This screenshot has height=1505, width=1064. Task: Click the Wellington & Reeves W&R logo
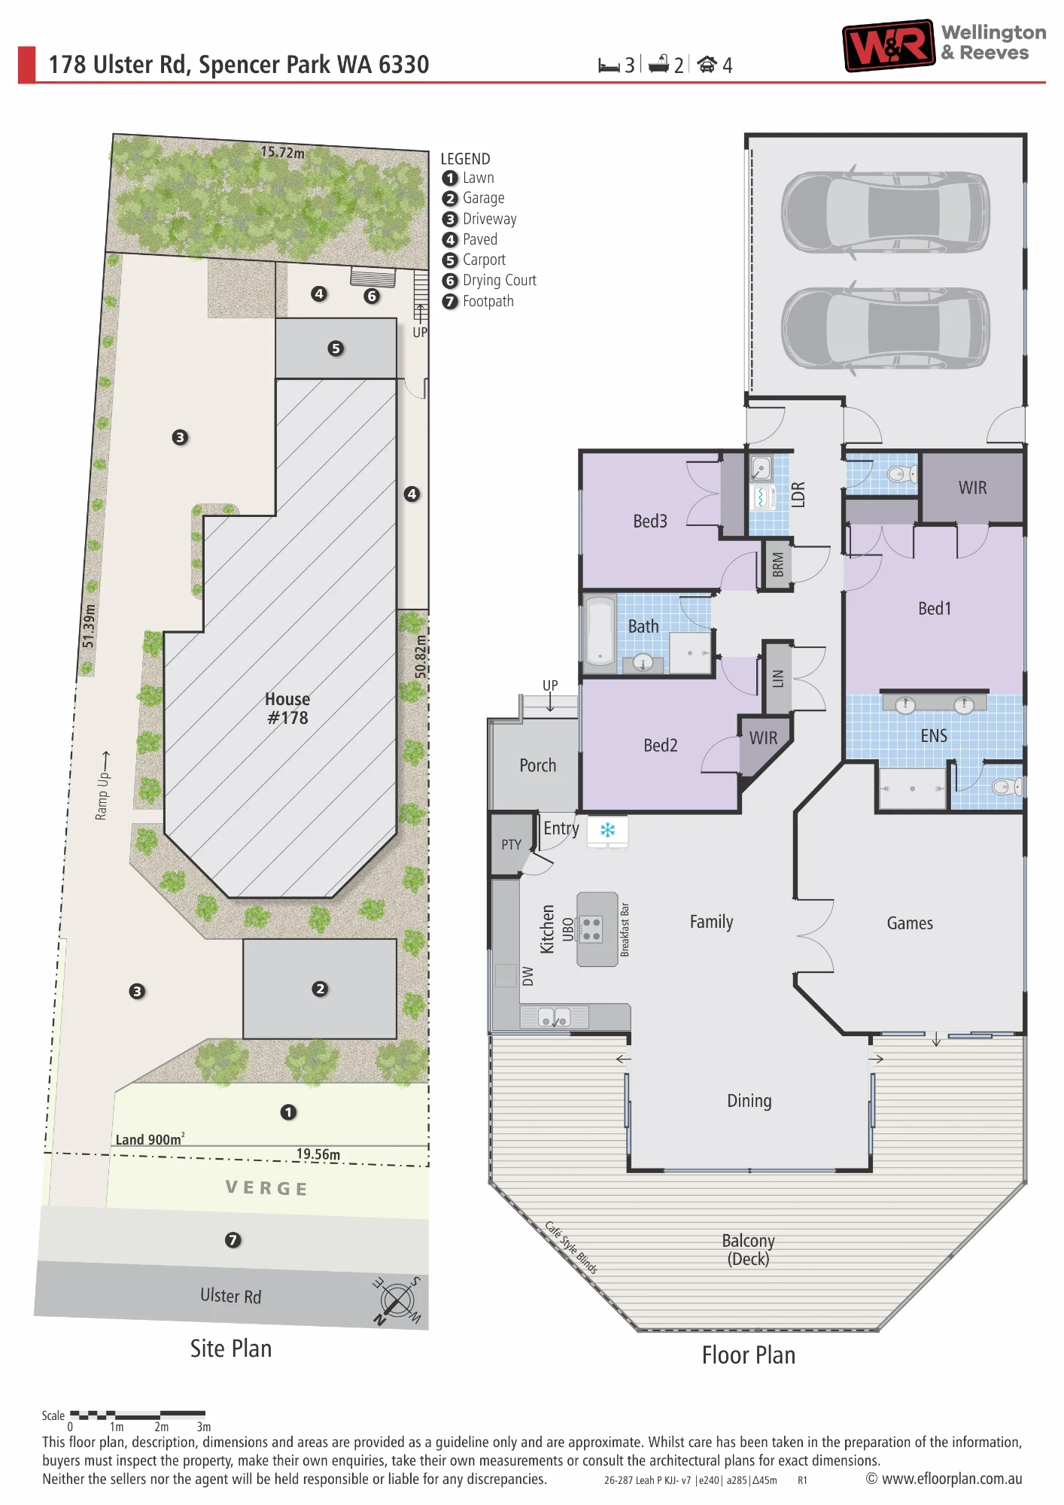pyautogui.click(x=889, y=45)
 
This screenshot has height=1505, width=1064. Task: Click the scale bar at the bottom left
pyautogui.click(x=138, y=1415)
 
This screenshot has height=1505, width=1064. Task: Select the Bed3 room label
pyautogui.click(x=650, y=521)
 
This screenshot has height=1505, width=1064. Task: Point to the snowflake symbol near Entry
pyautogui.click(x=607, y=830)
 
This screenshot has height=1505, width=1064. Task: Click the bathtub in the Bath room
pyautogui.click(x=600, y=631)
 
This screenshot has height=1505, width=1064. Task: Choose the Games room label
pyautogui.click(x=910, y=923)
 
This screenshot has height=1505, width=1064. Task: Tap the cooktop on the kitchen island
pyautogui.click(x=591, y=929)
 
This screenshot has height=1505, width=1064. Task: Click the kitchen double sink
pyautogui.click(x=555, y=1017)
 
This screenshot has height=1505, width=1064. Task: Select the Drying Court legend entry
pyautogui.click(x=489, y=281)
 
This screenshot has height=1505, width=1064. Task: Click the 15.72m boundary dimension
pyautogui.click(x=283, y=152)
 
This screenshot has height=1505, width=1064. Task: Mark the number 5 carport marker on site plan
pyautogui.click(x=336, y=348)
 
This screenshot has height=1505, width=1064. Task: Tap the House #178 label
pyautogui.click(x=287, y=709)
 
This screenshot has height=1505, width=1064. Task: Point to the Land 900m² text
pyautogui.click(x=150, y=1139)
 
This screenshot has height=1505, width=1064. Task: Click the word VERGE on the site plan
pyautogui.click(x=266, y=1188)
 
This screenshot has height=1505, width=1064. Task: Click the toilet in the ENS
pyautogui.click(x=1008, y=787)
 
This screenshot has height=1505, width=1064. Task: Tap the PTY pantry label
pyautogui.click(x=511, y=844)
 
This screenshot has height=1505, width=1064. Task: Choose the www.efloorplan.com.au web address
pyautogui.click(x=944, y=1479)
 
